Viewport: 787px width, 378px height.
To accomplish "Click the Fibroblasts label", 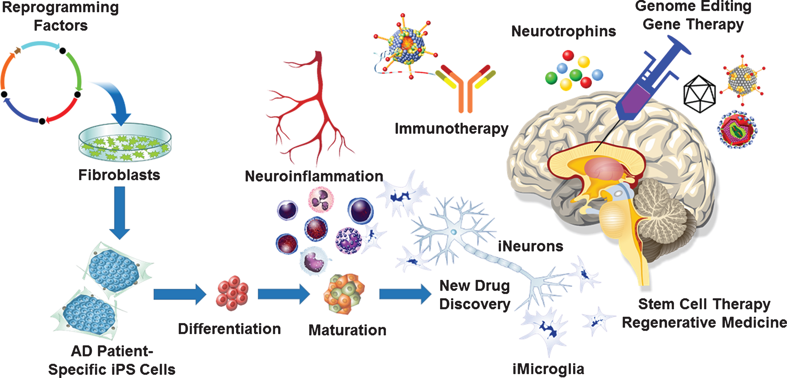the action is click(119, 175).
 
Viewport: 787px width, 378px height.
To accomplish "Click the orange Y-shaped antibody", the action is click(465, 89).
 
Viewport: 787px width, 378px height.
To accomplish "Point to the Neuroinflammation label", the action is click(314, 176).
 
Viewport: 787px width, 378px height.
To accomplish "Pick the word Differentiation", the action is click(230, 329).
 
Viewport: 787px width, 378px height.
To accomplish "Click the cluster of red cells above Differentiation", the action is click(232, 293).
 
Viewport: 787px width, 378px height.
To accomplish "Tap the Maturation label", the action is click(347, 330).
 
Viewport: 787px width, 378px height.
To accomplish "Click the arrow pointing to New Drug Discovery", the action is click(405, 294).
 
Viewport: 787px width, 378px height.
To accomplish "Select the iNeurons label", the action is click(531, 246).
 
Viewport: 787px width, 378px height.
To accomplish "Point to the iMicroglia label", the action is click(548, 369).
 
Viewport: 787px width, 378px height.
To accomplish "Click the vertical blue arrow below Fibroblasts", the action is click(119, 213).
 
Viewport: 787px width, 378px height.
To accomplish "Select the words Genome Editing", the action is click(693, 7).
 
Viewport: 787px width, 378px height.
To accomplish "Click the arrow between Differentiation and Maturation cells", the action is click(284, 294).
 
